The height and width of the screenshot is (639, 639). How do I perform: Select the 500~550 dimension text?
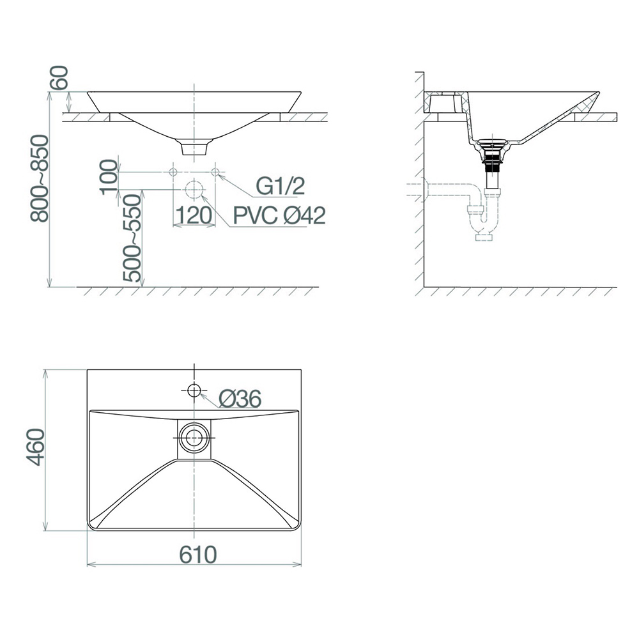132,238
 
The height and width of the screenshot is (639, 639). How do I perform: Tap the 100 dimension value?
109,177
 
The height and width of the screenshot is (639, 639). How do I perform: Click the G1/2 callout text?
281,186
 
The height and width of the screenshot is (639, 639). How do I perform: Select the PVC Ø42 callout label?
280,215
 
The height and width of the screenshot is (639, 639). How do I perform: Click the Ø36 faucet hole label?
240,398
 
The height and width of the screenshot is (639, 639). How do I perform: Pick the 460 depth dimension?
35,447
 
